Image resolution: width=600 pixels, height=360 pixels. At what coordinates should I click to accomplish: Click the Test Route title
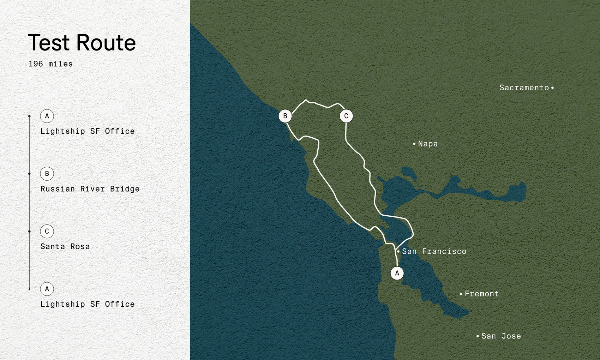coord(82,43)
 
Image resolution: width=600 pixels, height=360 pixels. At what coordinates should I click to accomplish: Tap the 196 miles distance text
coord(50,64)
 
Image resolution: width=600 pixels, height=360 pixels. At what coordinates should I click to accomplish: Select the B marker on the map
coord(285,116)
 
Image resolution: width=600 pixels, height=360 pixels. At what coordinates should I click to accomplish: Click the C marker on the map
coord(346,116)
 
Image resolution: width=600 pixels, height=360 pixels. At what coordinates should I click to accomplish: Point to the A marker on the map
coord(397,273)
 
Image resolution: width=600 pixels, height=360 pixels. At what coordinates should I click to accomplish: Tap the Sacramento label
coord(524,88)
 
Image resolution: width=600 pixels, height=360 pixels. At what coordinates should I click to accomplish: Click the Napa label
coord(428,144)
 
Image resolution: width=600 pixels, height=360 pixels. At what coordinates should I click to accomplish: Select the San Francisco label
coord(434,251)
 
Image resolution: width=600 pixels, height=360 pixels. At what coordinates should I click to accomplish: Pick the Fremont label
coord(481,294)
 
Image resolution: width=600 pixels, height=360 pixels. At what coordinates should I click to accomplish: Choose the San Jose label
coord(501,336)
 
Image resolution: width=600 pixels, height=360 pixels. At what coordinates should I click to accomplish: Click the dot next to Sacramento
coord(552,88)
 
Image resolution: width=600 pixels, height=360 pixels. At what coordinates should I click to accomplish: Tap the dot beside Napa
coord(414,144)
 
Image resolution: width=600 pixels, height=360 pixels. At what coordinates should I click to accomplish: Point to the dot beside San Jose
coord(478,336)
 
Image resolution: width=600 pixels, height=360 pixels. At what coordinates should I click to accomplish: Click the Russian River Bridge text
coord(90,189)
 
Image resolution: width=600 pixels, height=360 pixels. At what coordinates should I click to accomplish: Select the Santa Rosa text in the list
coord(65,246)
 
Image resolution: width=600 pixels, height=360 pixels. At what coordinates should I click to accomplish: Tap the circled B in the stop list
coord(47,174)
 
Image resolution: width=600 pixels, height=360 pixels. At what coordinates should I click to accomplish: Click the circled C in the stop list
coord(47,231)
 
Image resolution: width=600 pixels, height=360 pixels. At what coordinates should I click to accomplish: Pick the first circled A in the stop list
coord(47,116)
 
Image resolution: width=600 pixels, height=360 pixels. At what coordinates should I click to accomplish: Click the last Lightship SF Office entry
coord(88,304)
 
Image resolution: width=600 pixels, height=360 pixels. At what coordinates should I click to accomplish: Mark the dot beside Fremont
coord(461,294)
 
